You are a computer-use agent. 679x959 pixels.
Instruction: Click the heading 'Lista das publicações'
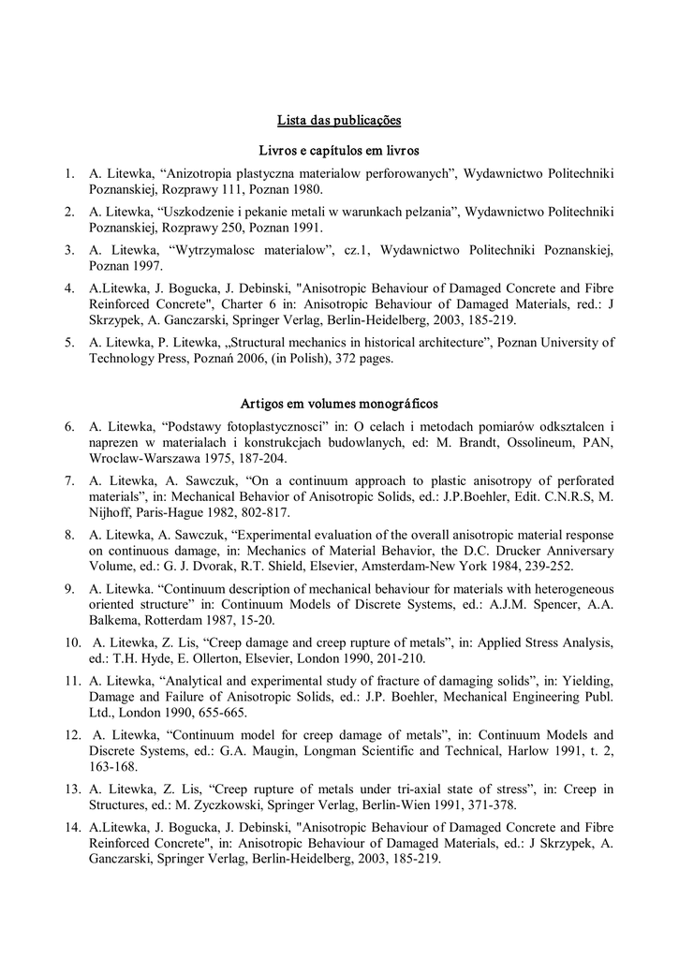click(339, 120)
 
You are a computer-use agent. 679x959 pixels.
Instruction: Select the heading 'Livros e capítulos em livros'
click(339, 150)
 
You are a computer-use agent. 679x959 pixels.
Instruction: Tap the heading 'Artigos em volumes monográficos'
click(339, 404)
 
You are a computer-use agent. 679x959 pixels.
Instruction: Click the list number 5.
click(69, 342)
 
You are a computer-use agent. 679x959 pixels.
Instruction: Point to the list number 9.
click(69, 588)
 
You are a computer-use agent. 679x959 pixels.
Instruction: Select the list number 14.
click(73, 828)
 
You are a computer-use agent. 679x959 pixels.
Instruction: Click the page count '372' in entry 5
click(337, 358)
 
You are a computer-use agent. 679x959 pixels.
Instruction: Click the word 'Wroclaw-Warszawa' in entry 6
click(146, 459)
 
